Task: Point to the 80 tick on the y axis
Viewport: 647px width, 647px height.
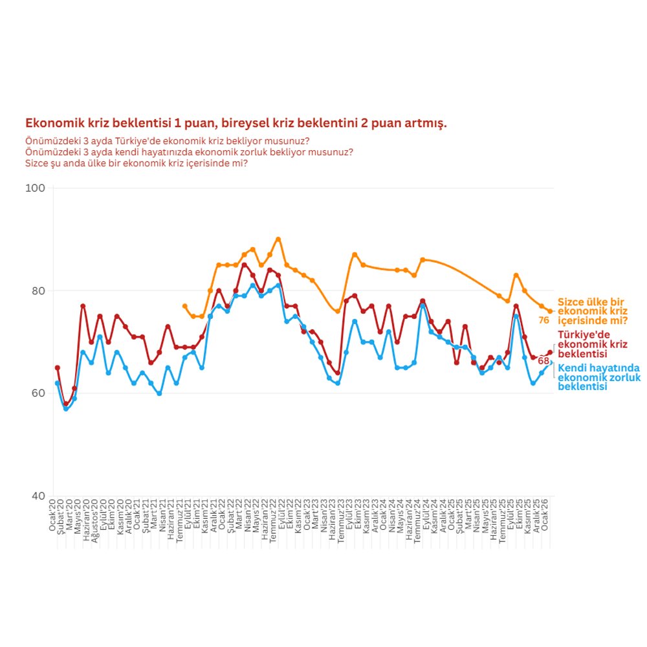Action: coord(39,291)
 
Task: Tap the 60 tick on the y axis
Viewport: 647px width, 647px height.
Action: coord(39,393)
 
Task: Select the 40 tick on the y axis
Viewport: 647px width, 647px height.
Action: coord(39,496)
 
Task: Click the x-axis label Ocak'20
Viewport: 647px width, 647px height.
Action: coord(53,514)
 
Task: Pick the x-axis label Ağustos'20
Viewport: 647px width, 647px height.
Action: coord(95,520)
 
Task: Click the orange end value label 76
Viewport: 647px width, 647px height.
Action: coord(543,320)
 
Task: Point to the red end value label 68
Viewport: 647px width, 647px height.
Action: coord(543,360)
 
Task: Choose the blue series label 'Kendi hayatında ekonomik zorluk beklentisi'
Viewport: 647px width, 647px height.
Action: coord(598,377)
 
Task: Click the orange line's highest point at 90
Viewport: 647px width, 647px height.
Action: coord(278,239)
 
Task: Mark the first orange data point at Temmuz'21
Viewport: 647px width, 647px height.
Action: coord(184,306)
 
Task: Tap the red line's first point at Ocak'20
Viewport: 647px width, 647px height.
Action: coord(57,367)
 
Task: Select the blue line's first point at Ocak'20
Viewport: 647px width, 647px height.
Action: coord(57,383)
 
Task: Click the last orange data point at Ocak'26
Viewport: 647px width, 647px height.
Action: coord(550,311)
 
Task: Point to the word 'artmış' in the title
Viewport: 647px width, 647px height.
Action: coord(426,123)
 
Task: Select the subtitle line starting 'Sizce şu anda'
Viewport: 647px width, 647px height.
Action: coord(137,163)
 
